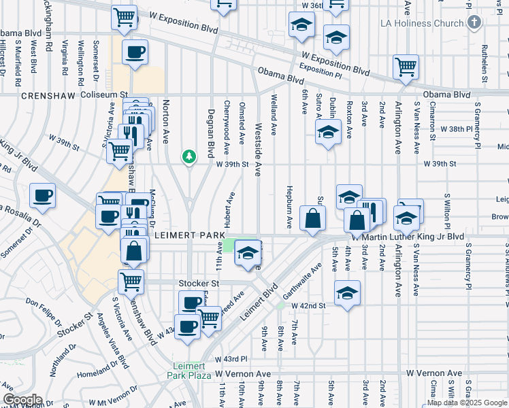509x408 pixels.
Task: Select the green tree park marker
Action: (x=188, y=157)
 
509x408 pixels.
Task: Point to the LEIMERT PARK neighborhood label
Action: (x=189, y=235)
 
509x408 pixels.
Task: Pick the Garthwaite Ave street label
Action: (x=301, y=280)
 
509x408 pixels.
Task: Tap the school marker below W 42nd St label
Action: (x=347, y=293)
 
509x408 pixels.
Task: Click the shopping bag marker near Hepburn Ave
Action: (x=312, y=219)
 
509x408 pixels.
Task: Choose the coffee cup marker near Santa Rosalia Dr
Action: (x=43, y=197)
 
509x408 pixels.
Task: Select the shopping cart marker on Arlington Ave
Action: (x=406, y=67)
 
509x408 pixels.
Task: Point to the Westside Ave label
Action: (x=257, y=150)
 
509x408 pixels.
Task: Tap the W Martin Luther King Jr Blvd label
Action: (x=408, y=237)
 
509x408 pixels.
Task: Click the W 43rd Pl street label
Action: (x=231, y=358)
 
